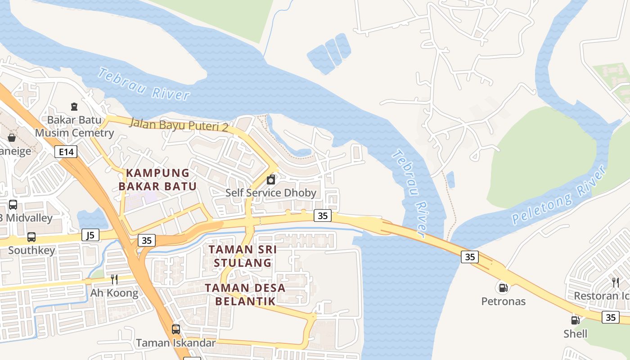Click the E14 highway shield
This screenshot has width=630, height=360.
click(x=66, y=152)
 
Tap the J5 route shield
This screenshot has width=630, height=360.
click(x=90, y=234)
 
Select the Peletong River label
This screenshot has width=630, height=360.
click(x=559, y=196)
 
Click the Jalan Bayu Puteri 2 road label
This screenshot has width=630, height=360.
click(x=179, y=124)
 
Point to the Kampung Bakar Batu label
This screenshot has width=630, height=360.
click(x=157, y=180)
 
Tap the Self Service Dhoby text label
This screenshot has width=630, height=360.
click(x=271, y=193)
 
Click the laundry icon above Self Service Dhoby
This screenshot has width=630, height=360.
click(x=271, y=180)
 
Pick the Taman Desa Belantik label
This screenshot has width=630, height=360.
click(x=245, y=294)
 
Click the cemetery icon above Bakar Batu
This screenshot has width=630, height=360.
click(x=74, y=107)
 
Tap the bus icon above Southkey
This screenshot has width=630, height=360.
click(x=31, y=237)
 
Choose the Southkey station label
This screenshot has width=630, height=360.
click(x=31, y=250)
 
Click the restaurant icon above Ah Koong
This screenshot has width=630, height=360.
click(x=114, y=279)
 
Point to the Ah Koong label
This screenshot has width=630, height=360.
click(x=114, y=293)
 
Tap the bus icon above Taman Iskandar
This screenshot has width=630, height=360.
click(x=176, y=329)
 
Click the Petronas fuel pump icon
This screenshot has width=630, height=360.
click(x=503, y=287)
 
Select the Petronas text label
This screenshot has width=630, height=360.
click(x=503, y=301)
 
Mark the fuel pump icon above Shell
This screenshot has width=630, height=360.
click(x=575, y=320)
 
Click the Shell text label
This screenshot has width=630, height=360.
click(x=575, y=333)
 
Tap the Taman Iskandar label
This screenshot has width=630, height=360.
click(x=176, y=342)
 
